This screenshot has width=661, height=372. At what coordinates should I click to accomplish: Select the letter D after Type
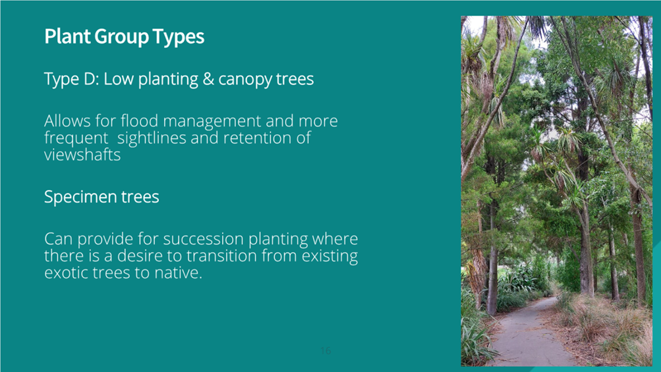pyautogui.click(x=90, y=79)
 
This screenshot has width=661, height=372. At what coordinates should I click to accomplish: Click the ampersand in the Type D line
pyautogui.click(x=208, y=79)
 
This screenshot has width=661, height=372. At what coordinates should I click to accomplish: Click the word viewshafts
pyautogui.click(x=82, y=155)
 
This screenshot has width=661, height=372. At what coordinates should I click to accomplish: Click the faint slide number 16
pyautogui.click(x=326, y=350)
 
